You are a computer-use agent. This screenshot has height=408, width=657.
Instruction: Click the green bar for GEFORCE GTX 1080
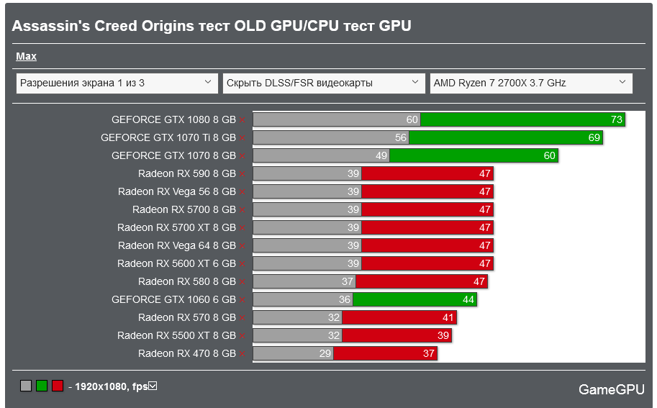pyautogui.click(x=522, y=119)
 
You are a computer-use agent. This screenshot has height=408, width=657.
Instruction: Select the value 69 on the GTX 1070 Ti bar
pyautogui.click(x=594, y=137)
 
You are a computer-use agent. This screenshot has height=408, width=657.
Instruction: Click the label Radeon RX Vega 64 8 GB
pyautogui.click(x=176, y=245)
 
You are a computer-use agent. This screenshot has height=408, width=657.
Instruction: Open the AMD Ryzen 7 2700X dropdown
pyautogui.click(x=531, y=83)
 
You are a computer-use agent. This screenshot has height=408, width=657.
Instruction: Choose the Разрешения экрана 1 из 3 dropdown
pyautogui.click(x=117, y=83)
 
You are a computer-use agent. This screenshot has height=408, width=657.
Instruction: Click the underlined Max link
pyautogui.click(x=26, y=56)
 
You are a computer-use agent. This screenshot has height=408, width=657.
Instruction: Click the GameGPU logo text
pyautogui.click(x=611, y=389)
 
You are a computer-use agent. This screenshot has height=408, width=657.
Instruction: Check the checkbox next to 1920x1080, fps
pyautogui.click(x=153, y=386)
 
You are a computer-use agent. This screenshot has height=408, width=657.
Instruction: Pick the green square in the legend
pyautogui.click(x=42, y=386)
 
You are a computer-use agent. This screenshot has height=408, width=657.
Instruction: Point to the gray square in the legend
pyautogui.click(x=26, y=386)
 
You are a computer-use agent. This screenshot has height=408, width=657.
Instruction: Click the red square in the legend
pyautogui.click(x=58, y=386)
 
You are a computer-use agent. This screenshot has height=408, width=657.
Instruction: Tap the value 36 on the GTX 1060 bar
pyautogui.click(x=345, y=299)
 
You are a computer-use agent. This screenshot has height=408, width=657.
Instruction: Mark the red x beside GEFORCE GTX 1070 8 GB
pyautogui.click(x=243, y=156)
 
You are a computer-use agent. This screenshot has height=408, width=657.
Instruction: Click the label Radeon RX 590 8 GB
pyautogui.click(x=187, y=173)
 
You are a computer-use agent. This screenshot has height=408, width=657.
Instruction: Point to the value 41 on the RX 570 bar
pyautogui.click(x=448, y=317)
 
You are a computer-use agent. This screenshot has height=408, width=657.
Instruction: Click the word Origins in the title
pyautogui.click(x=168, y=26)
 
